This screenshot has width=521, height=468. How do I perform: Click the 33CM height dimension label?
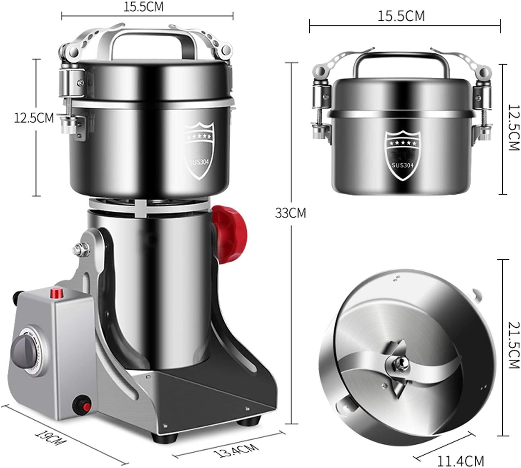[290, 213]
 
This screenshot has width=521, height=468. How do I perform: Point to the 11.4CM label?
[460, 461]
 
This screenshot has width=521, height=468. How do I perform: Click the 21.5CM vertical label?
[514, 345]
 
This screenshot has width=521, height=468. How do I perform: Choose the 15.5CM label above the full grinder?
[143, 7]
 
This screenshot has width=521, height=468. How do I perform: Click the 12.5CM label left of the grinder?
[34, 118]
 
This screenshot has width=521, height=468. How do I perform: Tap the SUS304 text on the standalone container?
[402, 165]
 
